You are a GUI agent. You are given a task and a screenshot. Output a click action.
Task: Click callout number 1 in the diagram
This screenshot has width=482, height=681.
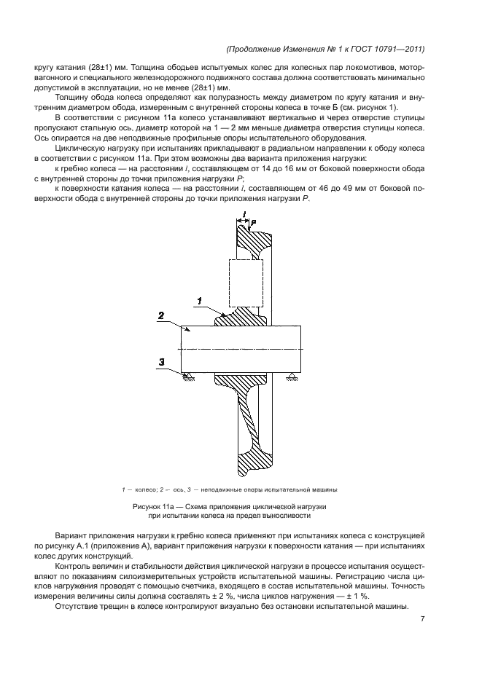pyautogui.click(x=198, y=299)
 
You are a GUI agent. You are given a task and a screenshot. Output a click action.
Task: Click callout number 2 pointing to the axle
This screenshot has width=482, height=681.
pyautogui.click(x=162, y=315)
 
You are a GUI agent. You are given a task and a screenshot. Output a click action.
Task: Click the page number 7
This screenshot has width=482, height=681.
pyautogui.click(x=422, y=619)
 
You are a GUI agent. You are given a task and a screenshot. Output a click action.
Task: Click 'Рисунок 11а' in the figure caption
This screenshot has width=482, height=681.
pyautogui.click(x=155, y=505)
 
